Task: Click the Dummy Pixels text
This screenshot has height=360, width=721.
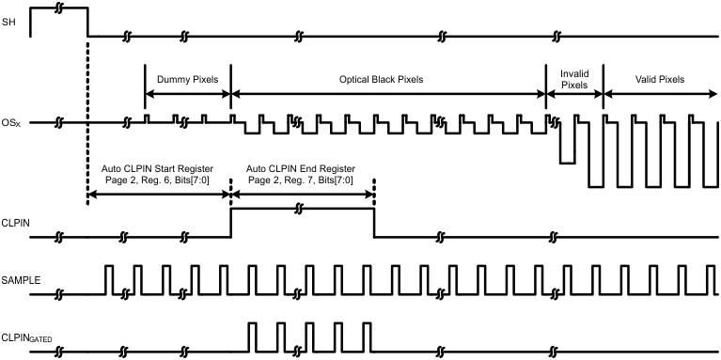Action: coord(187,81)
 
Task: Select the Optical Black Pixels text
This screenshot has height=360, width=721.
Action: coord(386,81)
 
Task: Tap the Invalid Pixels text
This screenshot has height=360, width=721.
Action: coord(574,78)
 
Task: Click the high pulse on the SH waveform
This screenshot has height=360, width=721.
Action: coord(47,8)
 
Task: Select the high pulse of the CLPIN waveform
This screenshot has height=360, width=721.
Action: coord(302,210)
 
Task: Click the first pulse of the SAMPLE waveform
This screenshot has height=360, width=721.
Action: coord(108,280)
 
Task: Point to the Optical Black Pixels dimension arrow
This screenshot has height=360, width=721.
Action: coord(386,94)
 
